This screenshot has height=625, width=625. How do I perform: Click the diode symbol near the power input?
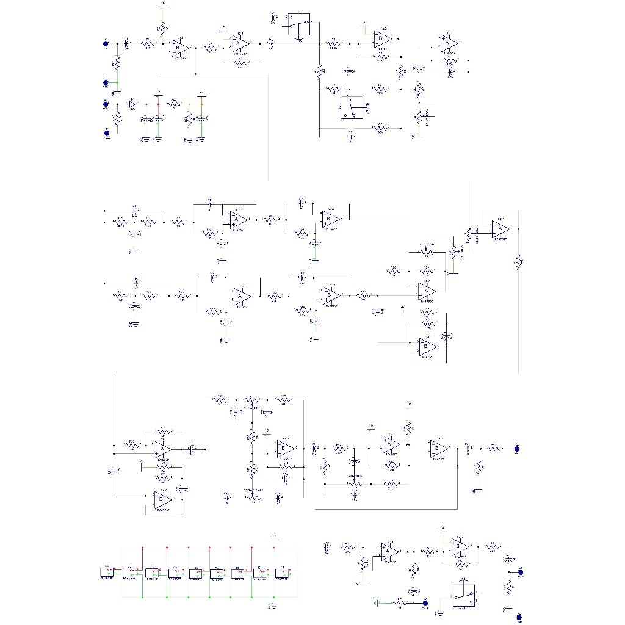click(x=132, y=105)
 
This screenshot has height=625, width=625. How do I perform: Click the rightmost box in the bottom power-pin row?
click(x=281, y=573)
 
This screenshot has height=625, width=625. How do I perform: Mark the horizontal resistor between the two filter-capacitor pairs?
click(x=175, y=105)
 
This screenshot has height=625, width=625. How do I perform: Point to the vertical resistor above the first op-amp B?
click(x=163, y=28)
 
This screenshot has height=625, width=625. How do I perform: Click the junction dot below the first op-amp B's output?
click(x=195, y=74)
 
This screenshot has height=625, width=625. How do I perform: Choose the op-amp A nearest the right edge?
click(x=500, y=229)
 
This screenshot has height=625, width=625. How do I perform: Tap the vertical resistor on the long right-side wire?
click(x=518, y=261)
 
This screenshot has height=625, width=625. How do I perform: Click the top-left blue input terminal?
click(x=106, y=43)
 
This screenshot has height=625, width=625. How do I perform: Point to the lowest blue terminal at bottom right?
click(x=519, y=616)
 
